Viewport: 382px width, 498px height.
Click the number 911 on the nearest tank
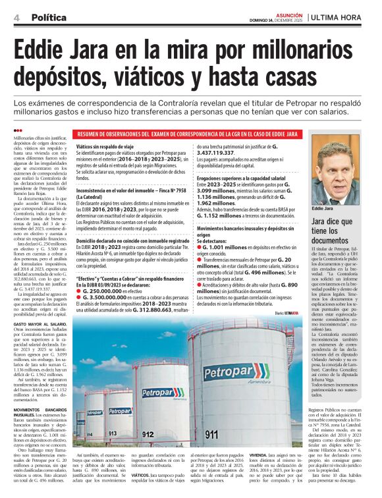pos(211,435)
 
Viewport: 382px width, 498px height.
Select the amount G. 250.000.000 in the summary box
pos(107,290)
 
